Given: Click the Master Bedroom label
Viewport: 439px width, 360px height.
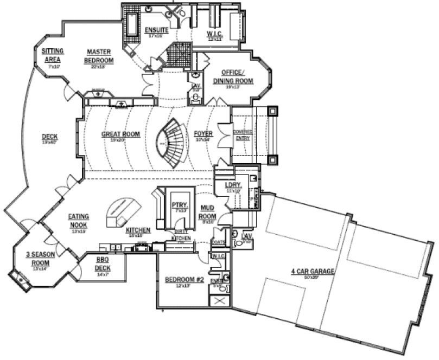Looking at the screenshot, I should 99,56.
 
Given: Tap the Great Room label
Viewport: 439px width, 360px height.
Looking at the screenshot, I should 120,134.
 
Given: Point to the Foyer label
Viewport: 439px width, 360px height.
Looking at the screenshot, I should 203,134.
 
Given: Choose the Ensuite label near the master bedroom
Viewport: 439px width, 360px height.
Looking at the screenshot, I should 156,30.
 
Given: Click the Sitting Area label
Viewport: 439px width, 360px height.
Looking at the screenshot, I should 53,54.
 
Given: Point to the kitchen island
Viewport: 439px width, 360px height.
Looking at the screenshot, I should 124,211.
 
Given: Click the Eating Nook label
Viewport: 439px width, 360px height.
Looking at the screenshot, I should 79,220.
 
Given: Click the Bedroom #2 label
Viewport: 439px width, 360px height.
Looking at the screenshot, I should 184,280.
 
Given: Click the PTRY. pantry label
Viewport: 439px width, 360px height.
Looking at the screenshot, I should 178,205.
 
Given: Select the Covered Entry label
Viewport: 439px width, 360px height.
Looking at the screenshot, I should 241,135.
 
